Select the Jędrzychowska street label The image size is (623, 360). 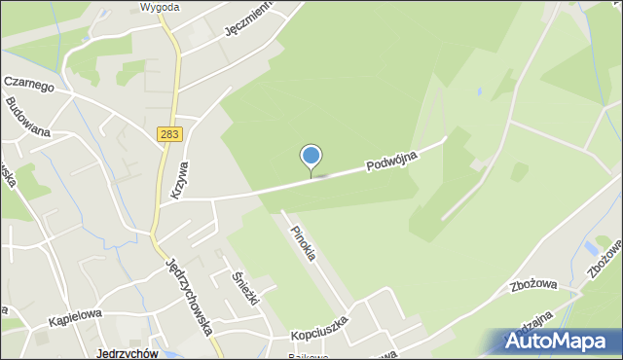(189, 296)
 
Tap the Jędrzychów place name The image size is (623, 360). (128, 353)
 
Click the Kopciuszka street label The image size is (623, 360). (320, 336)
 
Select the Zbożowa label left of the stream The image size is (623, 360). (531, 286)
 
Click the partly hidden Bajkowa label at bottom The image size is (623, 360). (311, 355)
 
